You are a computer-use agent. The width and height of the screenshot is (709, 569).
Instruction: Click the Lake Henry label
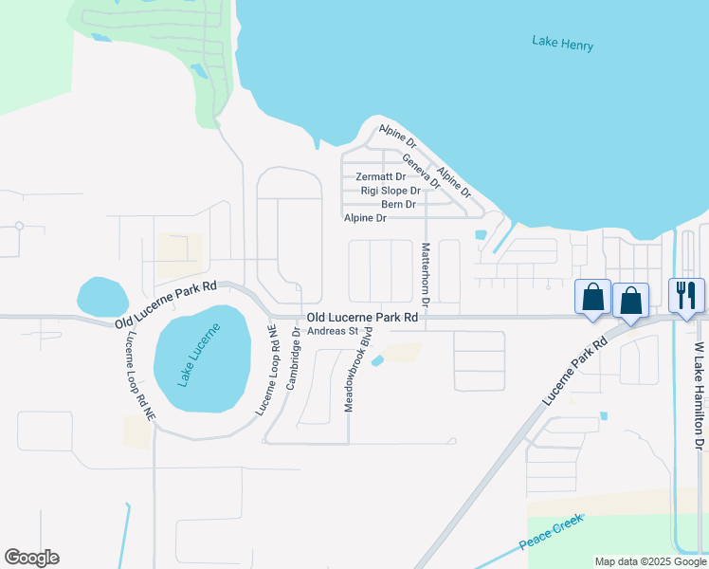pos(558,41)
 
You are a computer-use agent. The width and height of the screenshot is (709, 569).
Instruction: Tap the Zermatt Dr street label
pos(380,177)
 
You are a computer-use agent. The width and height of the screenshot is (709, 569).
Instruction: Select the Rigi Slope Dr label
pos(391,191)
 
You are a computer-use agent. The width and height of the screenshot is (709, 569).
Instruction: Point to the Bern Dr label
pos(398,205)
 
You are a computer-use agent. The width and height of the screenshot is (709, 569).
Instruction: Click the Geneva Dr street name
pos(422,171)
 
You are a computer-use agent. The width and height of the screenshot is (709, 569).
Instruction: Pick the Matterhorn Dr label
pos(426,273)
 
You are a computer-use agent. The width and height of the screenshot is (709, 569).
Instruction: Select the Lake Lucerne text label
pos(199,356)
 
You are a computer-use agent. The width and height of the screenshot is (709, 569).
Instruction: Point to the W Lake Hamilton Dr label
pos(700,396)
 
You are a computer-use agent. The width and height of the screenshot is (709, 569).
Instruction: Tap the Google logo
pos(31,558)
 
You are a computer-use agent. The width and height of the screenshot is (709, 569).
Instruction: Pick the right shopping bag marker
pos(631,301)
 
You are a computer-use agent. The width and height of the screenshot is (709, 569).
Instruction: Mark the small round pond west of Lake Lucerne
pos(102,297)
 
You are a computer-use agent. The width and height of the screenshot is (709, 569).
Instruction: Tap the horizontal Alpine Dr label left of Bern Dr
pos(365,218)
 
